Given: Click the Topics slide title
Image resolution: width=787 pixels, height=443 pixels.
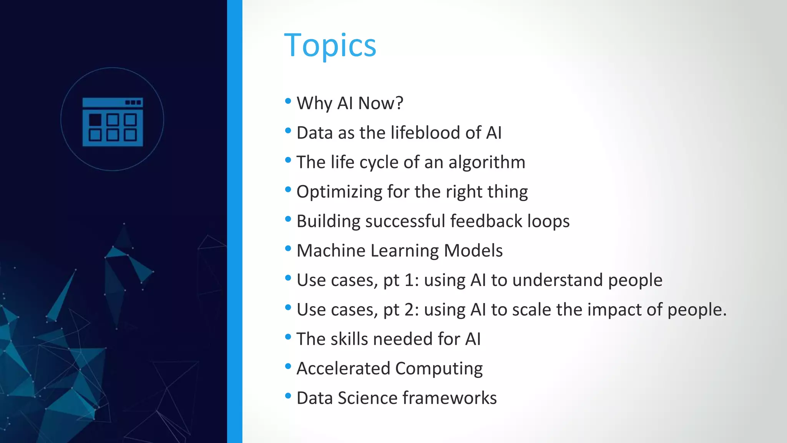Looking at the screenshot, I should click(x=330, y=45).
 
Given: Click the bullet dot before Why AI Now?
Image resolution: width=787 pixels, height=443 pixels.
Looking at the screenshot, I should click(x=288, y=101).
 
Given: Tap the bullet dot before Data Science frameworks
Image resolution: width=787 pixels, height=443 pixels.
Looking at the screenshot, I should click(x=288, y=396).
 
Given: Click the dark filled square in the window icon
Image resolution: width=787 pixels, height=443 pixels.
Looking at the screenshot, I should click(x=95, y=120).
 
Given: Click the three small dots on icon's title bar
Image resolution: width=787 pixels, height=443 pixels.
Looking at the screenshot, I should click(x=133, y=102).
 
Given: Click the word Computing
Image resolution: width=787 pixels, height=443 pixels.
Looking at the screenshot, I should click(x=439, y=368).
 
